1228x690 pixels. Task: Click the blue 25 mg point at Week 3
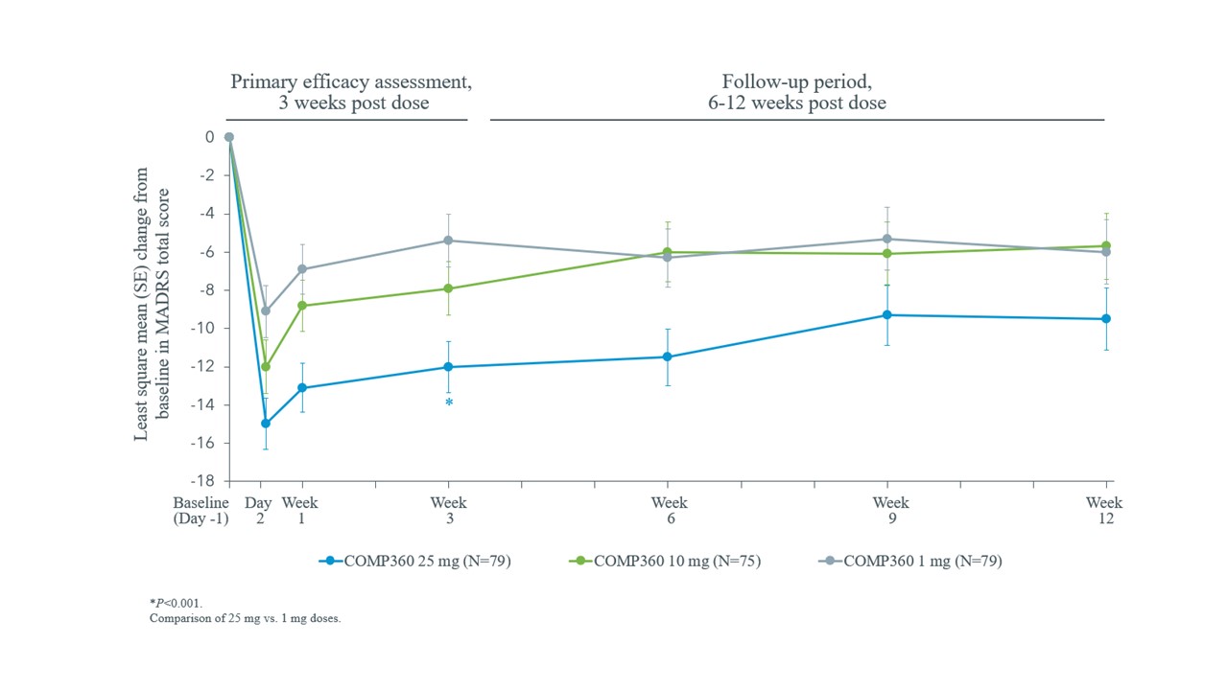tap(448, 367)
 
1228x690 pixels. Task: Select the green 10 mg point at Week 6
tap(667, 252)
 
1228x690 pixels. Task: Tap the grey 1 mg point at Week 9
tap(886, 239)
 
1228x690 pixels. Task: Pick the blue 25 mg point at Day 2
tap(266, 424)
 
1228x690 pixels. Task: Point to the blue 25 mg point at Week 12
tap(1105, 319)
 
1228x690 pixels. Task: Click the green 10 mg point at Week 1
tap(302, 306)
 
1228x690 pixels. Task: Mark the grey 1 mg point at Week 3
tap(448, 241)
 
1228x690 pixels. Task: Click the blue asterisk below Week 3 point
tap(448, 403)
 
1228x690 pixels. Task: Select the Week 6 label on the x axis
tap(669, 511)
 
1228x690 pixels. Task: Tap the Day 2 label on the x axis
tap(259, 511)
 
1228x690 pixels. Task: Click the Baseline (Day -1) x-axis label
tap(201, 511)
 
